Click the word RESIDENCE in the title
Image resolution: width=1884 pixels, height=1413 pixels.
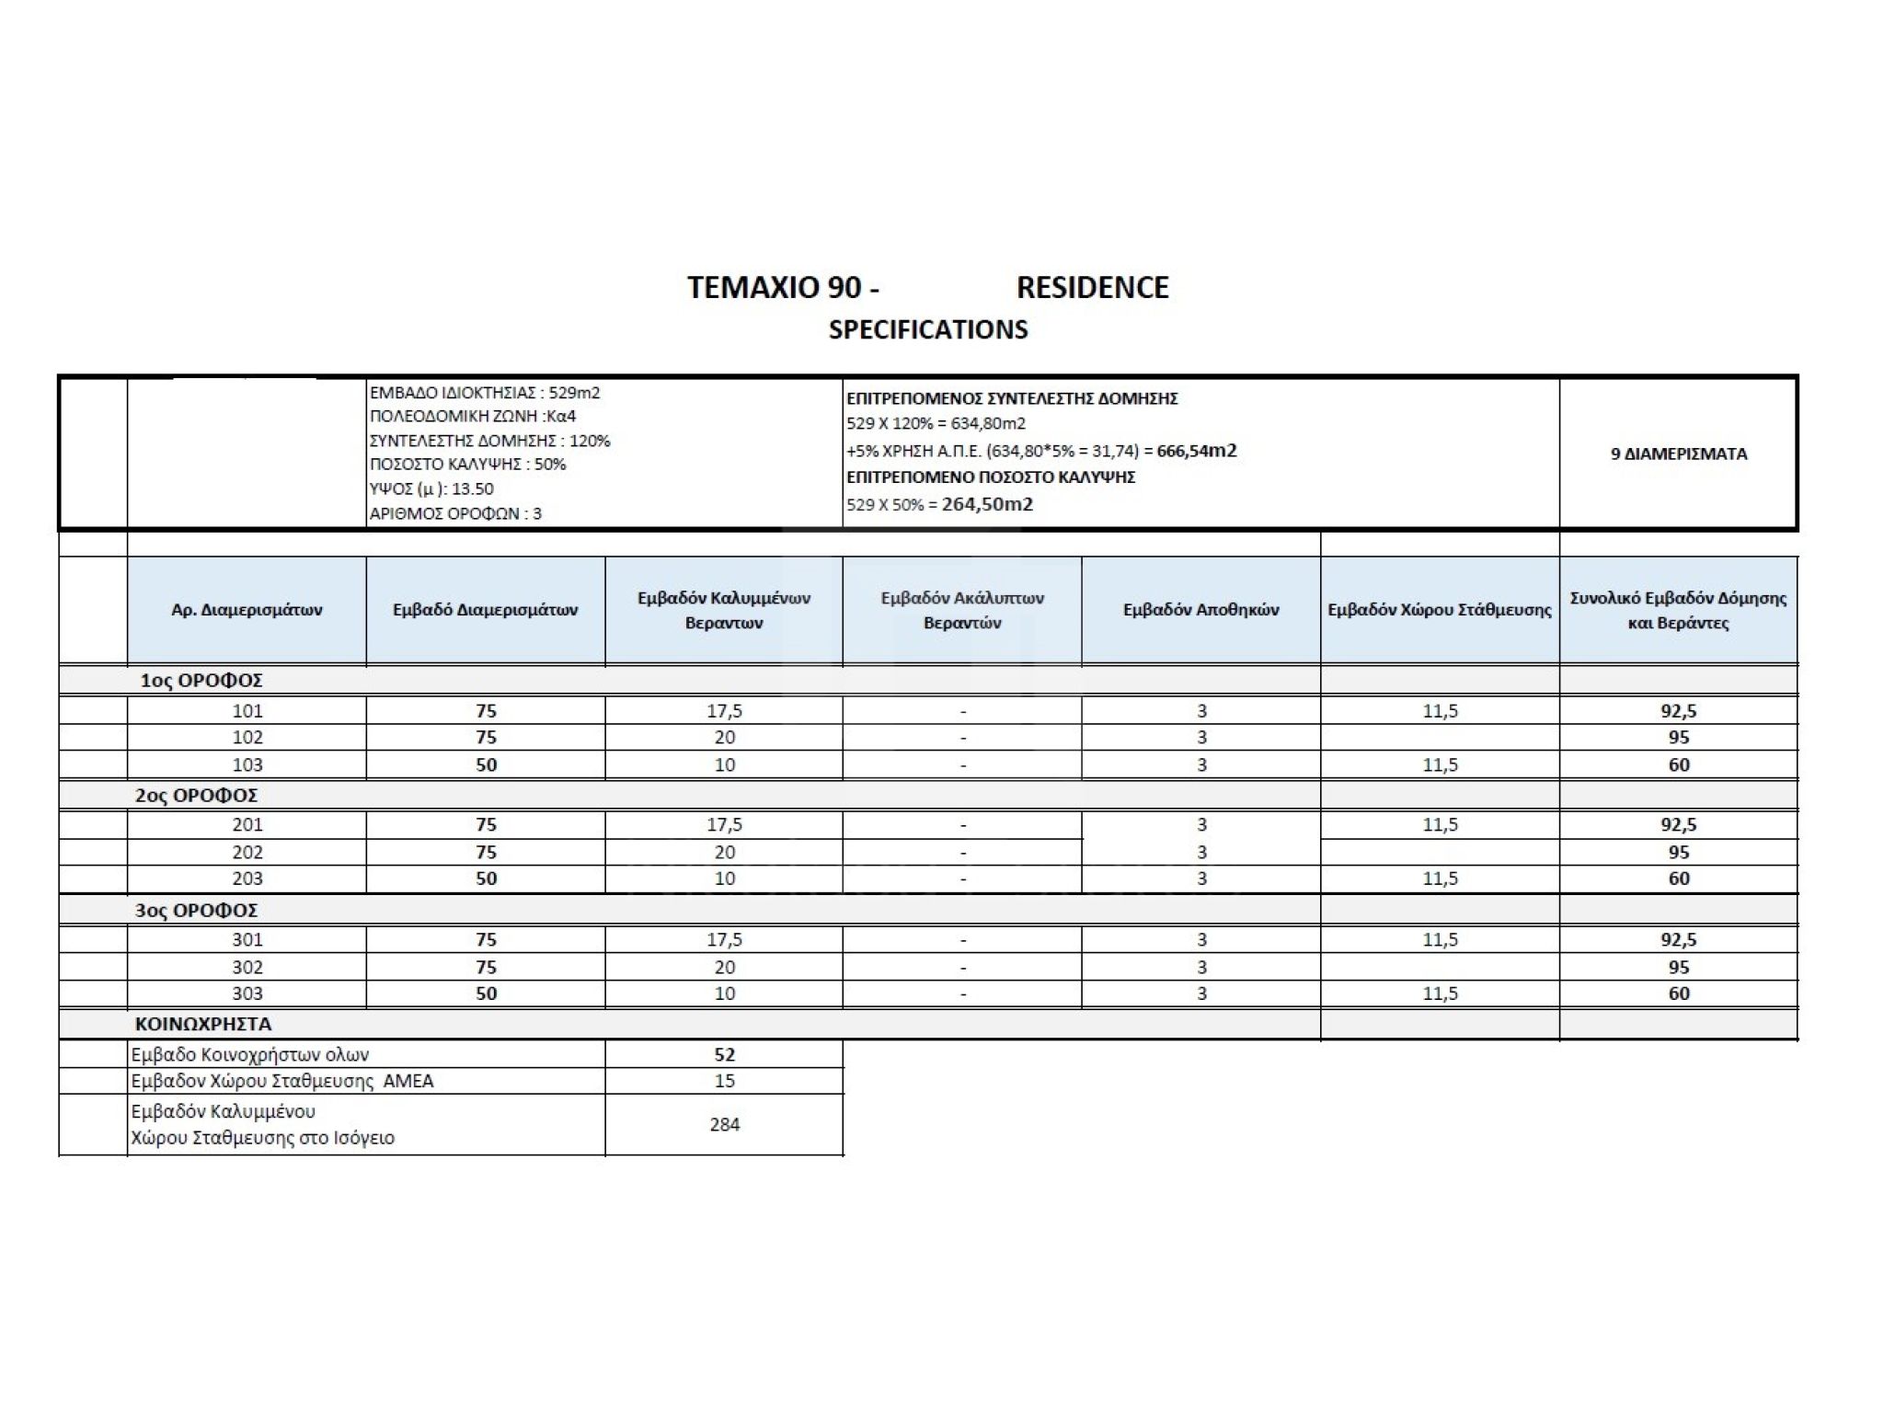[1092, 288]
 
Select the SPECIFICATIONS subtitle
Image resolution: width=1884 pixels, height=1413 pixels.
[928, 330]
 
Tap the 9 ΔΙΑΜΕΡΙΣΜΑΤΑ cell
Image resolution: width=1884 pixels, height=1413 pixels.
[1678, 454]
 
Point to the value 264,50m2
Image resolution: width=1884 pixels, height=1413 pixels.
[987, 504]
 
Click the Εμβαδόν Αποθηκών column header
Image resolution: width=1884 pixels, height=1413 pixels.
[1200, 610]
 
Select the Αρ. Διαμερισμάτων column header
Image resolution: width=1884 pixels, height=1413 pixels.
[247, 610]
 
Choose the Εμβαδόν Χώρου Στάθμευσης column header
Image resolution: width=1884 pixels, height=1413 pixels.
[1440, 610]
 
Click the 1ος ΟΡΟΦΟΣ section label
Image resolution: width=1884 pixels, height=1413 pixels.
[201, 681]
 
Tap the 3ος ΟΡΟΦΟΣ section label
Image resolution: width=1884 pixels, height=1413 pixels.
[196, 911]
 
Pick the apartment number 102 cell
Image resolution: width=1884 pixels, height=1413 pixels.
[247, 738]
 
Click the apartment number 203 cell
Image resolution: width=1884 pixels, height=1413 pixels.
[247, 879]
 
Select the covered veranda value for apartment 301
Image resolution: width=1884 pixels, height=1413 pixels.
[724, 940]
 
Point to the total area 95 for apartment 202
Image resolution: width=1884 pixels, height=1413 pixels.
[1679, 853]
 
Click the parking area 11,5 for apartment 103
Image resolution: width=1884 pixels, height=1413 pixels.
[1440, 764]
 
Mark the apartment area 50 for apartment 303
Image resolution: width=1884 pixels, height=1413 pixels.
[486, 994]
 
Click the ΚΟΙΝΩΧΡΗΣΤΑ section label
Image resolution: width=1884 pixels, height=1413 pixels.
[203, 1024]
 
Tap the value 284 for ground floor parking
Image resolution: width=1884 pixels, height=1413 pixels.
[724, 1124]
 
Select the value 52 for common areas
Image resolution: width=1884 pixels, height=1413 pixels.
[724, 1055]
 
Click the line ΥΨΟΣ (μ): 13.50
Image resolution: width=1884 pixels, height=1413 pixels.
[431, 489]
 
